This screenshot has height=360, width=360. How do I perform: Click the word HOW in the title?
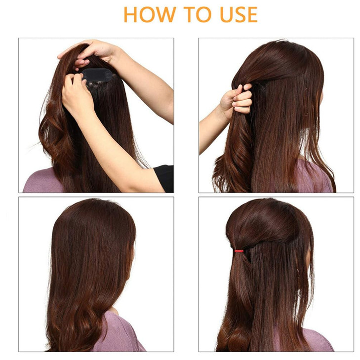click(x=148, y=14)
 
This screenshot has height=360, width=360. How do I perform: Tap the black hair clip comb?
click(x=99, y=75)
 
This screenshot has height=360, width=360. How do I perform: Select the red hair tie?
click(x=239, y=251)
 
